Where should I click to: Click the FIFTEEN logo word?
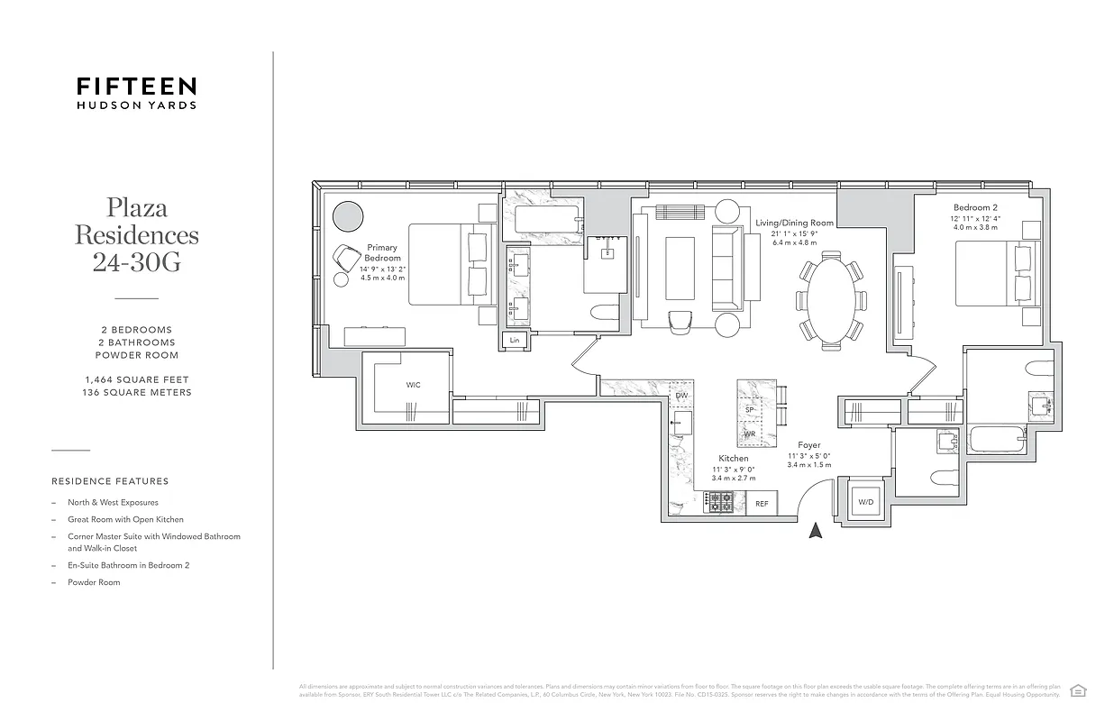pyautogui.click(x=136, y=87)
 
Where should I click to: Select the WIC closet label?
pyautogui.click(x=413, y=385)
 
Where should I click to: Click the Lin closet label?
pyautogui.click(x=515, y=340)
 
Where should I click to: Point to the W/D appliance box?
pyautogui.click(x=865, y=501)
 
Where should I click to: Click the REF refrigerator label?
pyautogui.click(x=762, y=503)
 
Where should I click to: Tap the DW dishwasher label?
pyautogui.click(x=681, y=396)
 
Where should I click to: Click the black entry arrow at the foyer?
pyautogui.click(x=817, y=531)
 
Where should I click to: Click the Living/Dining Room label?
pyautogui.click(x=794, y=223)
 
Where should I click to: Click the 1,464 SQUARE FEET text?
pyautogui.click(x=136, y=380)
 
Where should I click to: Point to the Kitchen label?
pyautogui.click(x=734, y=459)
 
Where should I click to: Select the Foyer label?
pyautogui.click(x=808, y=445)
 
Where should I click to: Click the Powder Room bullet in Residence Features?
pyautogui.click(x=94, y=582)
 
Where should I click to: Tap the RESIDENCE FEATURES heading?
pyautogui.click(x=110, y=481)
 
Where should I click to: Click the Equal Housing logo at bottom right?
pyautogui.click(x=1077, y=690)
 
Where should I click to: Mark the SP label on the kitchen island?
pyautogui.click(x=749, y=409)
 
